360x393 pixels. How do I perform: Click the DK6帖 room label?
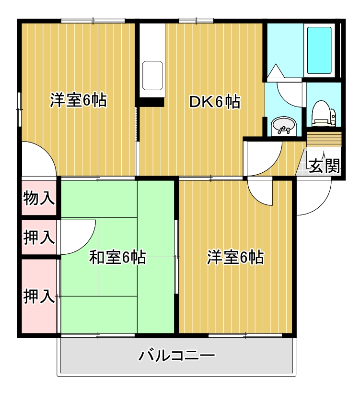click(214, 102)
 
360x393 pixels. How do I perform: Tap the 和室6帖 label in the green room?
click(118, 258)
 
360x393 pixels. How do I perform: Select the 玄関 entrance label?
click(325, 166)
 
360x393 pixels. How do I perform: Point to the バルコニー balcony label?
click(177, 356)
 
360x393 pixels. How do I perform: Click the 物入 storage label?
click(39, 198)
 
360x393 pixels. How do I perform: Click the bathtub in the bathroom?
click(319, 50)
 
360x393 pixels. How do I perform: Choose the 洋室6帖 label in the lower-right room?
click(235, 258)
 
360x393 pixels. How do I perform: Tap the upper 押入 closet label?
click(39, 237)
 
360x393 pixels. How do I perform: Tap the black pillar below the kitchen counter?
click(151, 102)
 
